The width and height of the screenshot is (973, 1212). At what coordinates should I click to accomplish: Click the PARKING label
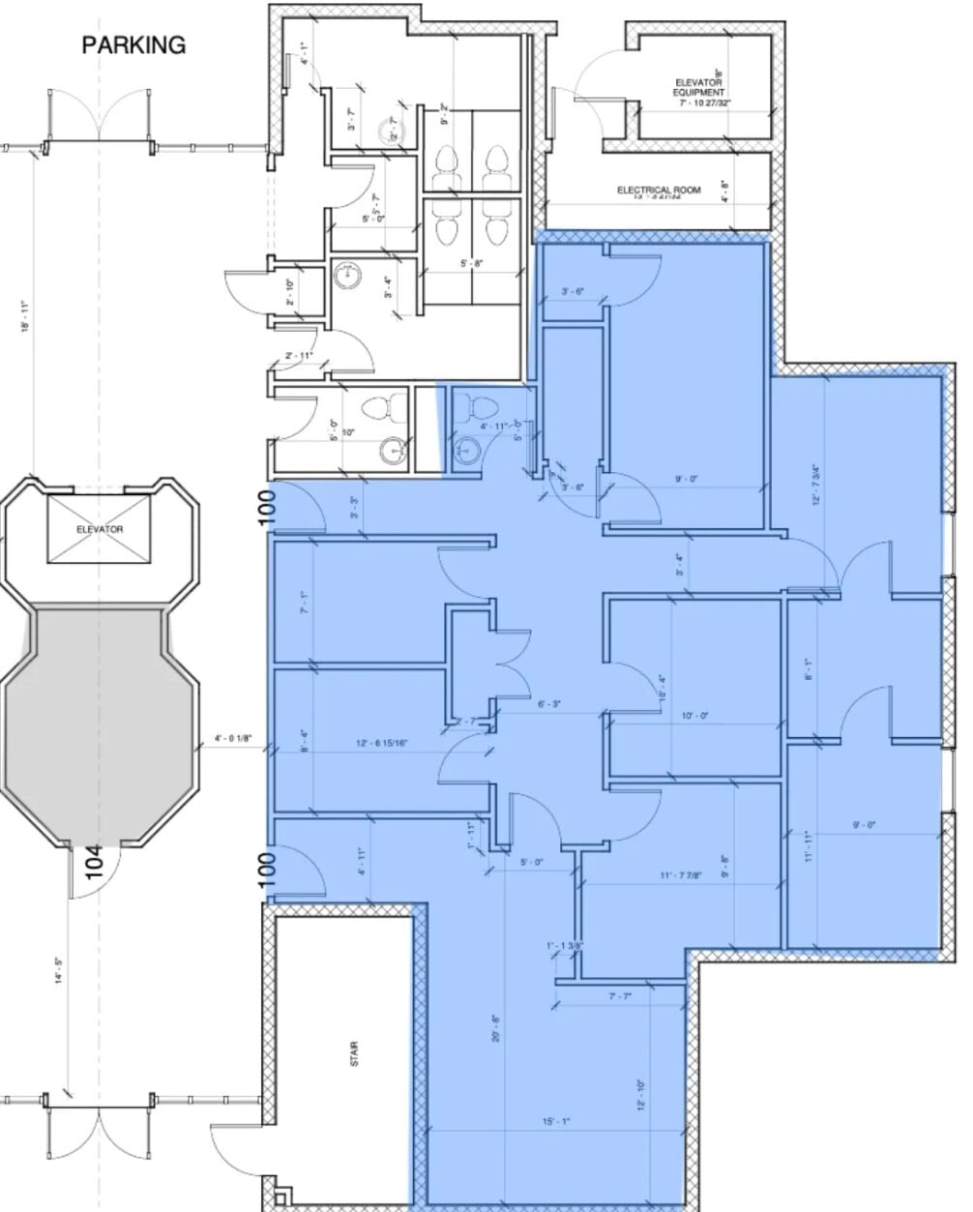(133, 44)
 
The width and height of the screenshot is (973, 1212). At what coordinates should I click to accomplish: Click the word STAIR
(355, 1053)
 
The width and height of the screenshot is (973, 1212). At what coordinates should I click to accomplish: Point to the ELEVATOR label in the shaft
(100, 530)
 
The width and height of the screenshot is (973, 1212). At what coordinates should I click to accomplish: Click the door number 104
(94, 861)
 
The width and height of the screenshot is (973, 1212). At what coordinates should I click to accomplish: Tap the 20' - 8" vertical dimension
(494, 1033)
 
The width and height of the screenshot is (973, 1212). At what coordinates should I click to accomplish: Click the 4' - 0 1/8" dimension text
(233, 740)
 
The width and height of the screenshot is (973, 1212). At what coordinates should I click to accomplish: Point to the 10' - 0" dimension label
(694, 716)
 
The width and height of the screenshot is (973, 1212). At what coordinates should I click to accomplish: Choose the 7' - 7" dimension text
(619, 995)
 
